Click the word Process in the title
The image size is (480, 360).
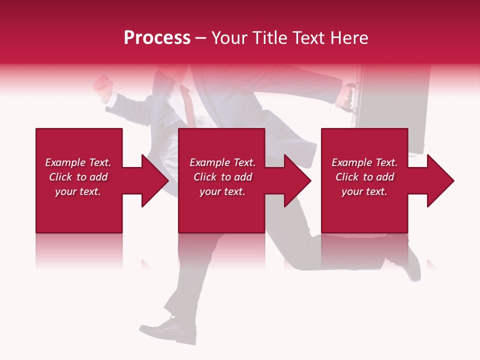pos(157,38)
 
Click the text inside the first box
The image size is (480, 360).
pos(78,177)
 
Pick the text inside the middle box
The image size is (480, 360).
pos(222,177)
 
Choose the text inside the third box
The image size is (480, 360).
pos(364,177)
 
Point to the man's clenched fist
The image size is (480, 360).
pos(102,86)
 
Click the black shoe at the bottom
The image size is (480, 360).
pos(172,331)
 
